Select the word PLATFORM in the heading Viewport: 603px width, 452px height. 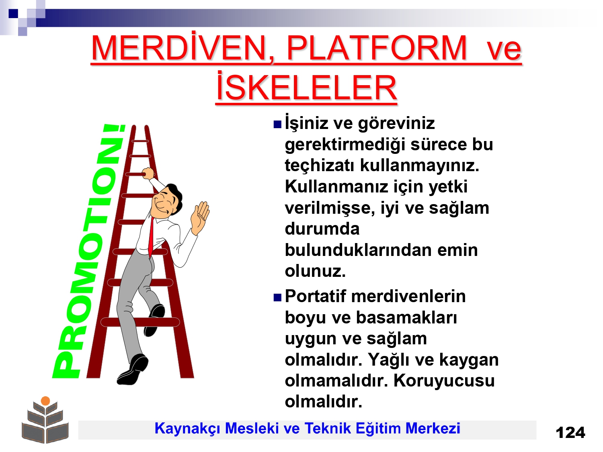coord(377,48)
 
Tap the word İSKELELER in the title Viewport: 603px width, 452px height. coord(306,86)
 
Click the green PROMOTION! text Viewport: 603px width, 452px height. coord(88,251)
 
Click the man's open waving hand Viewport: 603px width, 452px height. coord(200,217)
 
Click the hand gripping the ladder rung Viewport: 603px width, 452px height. coord(148,173)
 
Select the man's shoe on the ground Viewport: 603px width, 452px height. coord(132,369)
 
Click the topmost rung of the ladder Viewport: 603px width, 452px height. coord(140,141)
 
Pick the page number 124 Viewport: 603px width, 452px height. coord(570,433)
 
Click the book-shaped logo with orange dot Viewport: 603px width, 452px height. coord(45,420)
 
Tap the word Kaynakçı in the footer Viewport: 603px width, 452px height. coord(187,429)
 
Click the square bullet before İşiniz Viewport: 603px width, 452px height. coord(277,125)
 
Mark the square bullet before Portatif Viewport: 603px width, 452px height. coord(277,297)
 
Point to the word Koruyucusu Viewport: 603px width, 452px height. coord(444,380)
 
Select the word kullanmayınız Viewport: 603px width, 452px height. coord(420,166)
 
